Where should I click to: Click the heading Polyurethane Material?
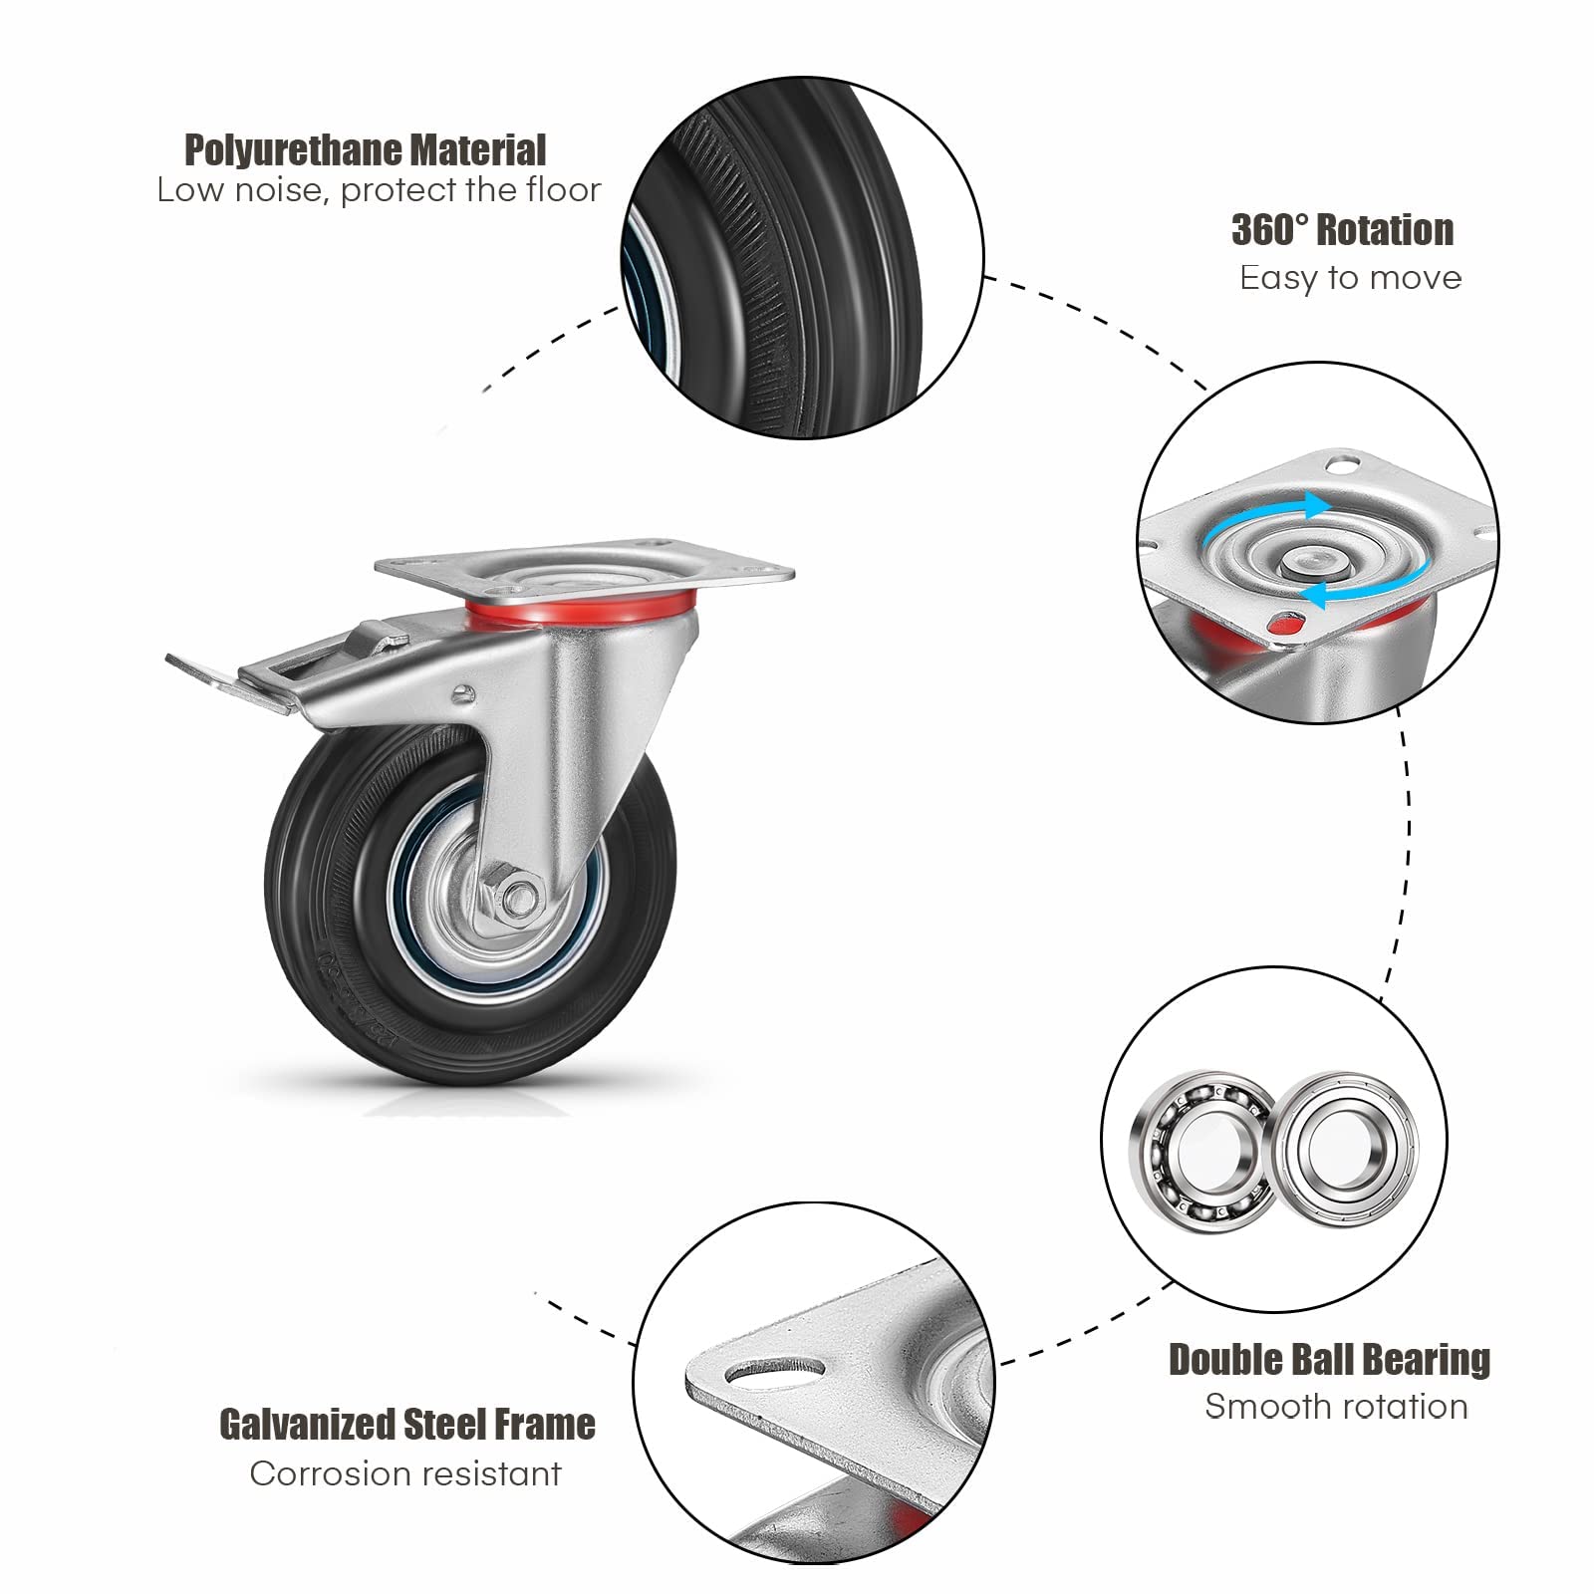(x=365, y=150)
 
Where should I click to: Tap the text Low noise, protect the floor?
(x=379, y=190)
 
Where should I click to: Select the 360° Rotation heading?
(x=1342, y=230)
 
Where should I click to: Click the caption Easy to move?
(x=1350, y=278)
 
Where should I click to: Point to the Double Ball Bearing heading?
(x=1329, y=1360)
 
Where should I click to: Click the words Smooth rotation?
(x=1336, y=1407)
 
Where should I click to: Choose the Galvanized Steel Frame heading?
(x=406, y=1425)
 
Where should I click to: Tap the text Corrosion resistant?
(x=405, y=1473)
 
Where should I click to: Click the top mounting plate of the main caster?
(x=585, y=566)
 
